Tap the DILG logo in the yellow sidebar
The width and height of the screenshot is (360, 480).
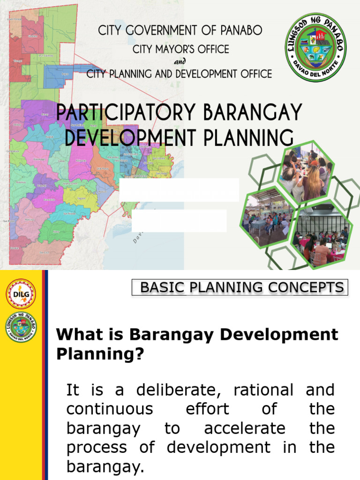[x=21, y=294]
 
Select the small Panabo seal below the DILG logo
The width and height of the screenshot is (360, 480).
[x=21, y=327]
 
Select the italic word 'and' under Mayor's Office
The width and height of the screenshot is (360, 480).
[x=180, y=61]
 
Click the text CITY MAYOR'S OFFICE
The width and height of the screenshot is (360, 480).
[x=180, y=49]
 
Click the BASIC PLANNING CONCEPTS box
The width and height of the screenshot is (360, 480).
[x=240, y=287]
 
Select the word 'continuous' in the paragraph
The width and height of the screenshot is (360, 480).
[x=110, y=409]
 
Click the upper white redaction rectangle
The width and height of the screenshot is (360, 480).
[x=180, y=190]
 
